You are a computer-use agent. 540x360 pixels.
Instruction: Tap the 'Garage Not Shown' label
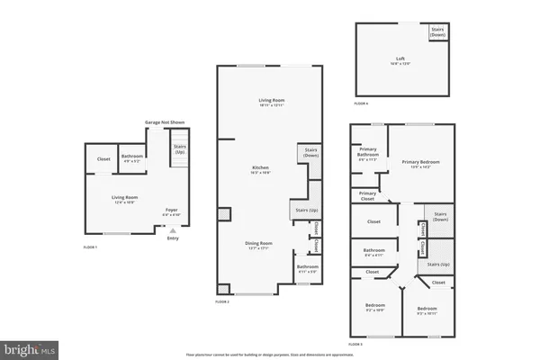click(165, 121)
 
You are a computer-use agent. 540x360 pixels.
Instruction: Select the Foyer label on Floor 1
click(171, 211)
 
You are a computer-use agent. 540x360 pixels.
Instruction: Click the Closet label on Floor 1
click(103, 159)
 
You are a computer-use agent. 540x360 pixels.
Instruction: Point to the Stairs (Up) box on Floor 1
click(179, 152)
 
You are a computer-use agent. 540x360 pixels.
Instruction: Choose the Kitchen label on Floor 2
click(261, 168)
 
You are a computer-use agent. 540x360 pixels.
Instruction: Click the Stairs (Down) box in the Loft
click(437, 31)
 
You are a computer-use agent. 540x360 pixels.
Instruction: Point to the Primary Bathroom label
click(366, 153)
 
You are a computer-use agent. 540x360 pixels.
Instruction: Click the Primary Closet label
click(367, 195)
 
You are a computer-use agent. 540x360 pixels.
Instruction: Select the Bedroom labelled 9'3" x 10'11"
click(427, 311)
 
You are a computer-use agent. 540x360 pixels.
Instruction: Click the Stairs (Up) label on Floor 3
click(438, 265)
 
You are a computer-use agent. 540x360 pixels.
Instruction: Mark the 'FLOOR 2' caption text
click(222, 301)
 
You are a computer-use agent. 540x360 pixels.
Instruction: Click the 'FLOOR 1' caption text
click(90, 246)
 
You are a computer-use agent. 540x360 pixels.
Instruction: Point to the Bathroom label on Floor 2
click(308, 267)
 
